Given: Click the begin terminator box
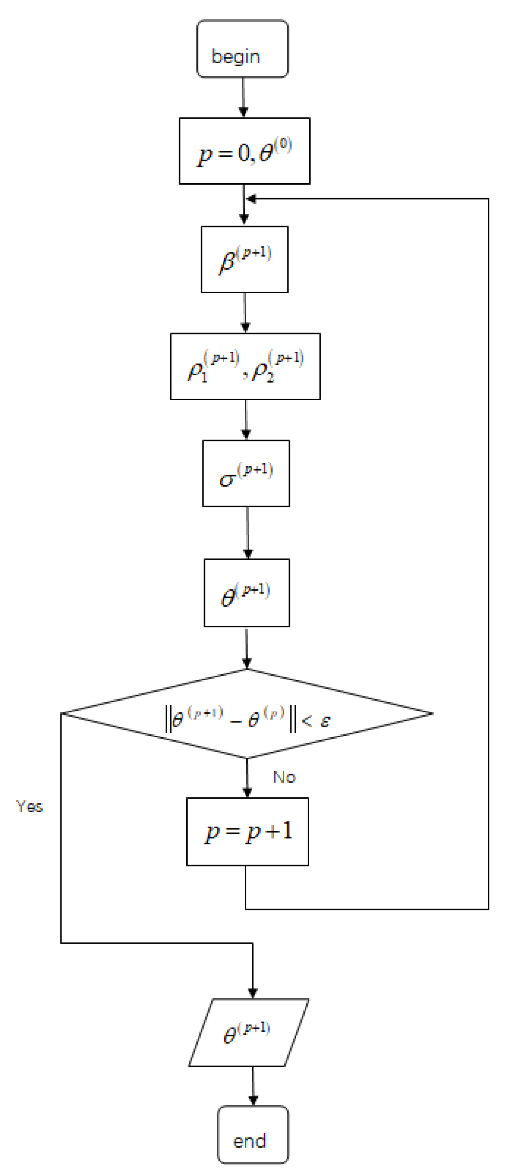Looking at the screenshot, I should point(242,49).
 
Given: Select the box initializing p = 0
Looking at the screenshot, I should point(245,151).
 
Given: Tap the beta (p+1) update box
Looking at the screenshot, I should point(245,259).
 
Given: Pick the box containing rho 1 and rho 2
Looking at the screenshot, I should point(245,366).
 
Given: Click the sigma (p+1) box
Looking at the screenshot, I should point(246,473).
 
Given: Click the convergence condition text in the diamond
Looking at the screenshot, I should point(246,719).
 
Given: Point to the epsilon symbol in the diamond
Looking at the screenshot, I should point(325,721).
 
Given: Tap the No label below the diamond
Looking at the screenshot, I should point(284,777).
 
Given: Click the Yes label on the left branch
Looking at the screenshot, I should point(29,806).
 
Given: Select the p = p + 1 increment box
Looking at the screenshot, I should point(247,832).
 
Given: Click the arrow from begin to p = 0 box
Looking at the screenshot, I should point(243,97).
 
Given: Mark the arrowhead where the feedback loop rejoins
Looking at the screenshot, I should point(250,199).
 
